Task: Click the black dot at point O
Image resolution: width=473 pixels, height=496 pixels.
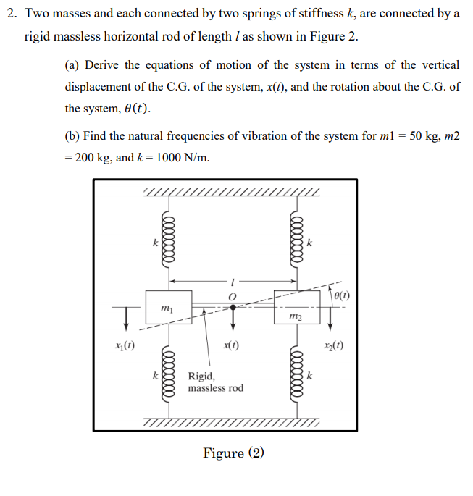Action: point(233,307)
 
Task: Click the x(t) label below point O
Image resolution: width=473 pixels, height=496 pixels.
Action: point(232,345)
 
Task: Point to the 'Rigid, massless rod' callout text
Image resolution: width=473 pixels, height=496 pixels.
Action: point(215,382)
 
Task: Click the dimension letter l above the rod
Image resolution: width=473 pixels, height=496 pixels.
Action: point(233,281)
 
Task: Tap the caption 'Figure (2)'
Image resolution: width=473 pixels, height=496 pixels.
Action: point(234,453)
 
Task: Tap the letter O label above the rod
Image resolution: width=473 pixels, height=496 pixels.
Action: point(233,295)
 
